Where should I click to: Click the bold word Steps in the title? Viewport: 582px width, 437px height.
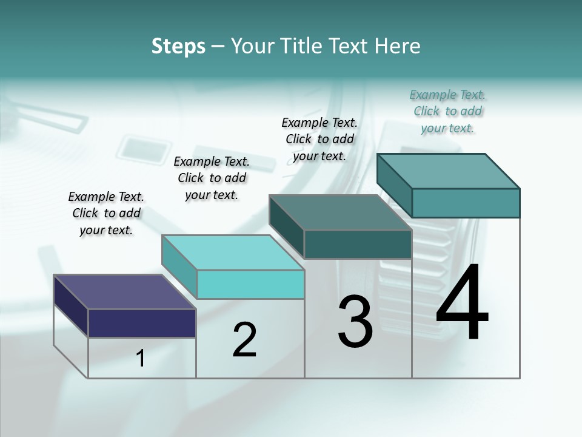pos(178,46)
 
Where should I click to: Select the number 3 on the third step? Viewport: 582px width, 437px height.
pos(355,322)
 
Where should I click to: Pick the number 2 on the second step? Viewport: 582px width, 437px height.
pos(245,340)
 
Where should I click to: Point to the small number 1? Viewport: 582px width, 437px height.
pos(141,358)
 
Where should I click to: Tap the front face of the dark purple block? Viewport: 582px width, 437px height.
pos(142,323)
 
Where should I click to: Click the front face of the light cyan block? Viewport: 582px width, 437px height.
pos(250,284)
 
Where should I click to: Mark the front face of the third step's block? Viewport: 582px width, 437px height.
pos(358,244)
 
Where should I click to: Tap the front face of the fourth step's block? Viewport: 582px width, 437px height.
pos(466,203)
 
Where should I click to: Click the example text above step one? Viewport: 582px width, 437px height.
pos(106,213)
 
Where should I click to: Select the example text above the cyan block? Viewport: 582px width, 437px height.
pos(212,178)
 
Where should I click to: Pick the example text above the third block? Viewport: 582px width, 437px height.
pos(319,139)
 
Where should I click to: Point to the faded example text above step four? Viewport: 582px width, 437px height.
pos(447,111)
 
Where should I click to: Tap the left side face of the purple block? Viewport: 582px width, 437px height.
pos(71,303)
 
